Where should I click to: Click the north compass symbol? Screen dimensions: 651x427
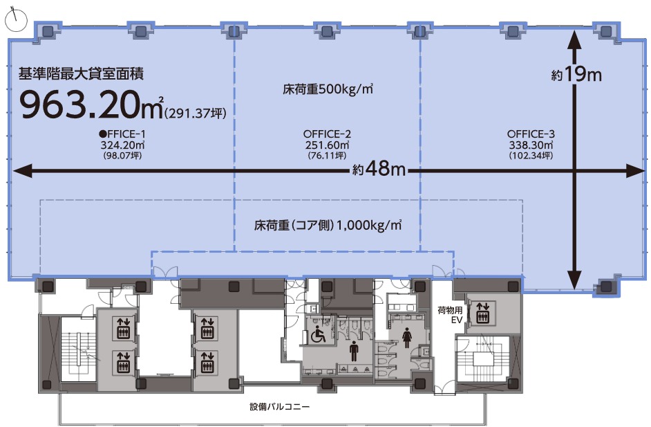(x=16, y=19)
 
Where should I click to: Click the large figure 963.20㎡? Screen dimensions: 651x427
(x=92, y=105)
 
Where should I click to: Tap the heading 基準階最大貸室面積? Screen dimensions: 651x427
(x=81, y=73)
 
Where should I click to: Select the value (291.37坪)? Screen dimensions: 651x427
(x=196, y=113)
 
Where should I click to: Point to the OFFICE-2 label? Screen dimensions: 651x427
(x=327, y=134)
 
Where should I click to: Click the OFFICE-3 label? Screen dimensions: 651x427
(x=531, y=134)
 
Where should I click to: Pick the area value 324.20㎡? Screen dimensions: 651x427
(x=122, y=145)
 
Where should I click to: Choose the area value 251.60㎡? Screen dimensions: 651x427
(x=327, y=145)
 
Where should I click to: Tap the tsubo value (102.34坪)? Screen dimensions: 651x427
(x=531, y=156)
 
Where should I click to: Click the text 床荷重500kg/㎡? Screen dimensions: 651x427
(x=328, y=89)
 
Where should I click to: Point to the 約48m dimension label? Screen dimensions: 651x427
(x=379, y=168)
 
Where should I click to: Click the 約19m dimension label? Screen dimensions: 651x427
(x=576, y=75)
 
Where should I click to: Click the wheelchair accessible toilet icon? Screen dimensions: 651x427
(x=319, y=335)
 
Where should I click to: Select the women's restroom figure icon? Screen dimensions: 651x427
(x=406, y=336)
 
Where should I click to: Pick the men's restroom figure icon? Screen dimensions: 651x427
(x=354, y=352)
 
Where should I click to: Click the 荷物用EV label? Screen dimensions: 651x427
(x=450, y=315)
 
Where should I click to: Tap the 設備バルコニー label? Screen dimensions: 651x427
(x=279, y=407)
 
